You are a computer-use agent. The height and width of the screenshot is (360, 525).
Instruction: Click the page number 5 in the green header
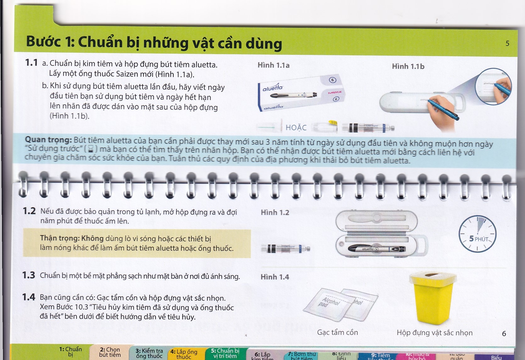pos(507,43)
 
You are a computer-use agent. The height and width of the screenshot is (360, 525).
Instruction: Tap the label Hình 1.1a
pos(273,65)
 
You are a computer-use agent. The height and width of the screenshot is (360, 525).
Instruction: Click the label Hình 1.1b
pos(408,66)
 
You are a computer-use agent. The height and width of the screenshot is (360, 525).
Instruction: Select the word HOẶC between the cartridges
pos(296,127)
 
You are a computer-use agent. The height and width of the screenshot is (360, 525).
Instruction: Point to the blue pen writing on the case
pos(443,109)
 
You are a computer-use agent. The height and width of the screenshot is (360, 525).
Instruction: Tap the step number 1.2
pos(29,211)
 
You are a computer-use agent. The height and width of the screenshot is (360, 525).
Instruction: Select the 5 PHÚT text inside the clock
pos(478,239)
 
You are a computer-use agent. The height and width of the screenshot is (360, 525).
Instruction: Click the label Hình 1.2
pos(275,213)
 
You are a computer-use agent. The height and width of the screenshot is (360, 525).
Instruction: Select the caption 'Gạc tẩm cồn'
pos(337,332)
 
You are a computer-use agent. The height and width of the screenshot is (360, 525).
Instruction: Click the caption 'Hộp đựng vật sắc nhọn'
pos(434,333)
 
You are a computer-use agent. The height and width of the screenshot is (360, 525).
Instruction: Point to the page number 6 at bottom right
pos(504,334)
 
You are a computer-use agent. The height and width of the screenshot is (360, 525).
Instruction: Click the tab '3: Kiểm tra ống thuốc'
pos(149,353)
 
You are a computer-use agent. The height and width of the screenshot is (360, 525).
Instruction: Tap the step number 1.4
pos(29,297)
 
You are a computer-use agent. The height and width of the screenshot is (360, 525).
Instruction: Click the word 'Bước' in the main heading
pos(43,42)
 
